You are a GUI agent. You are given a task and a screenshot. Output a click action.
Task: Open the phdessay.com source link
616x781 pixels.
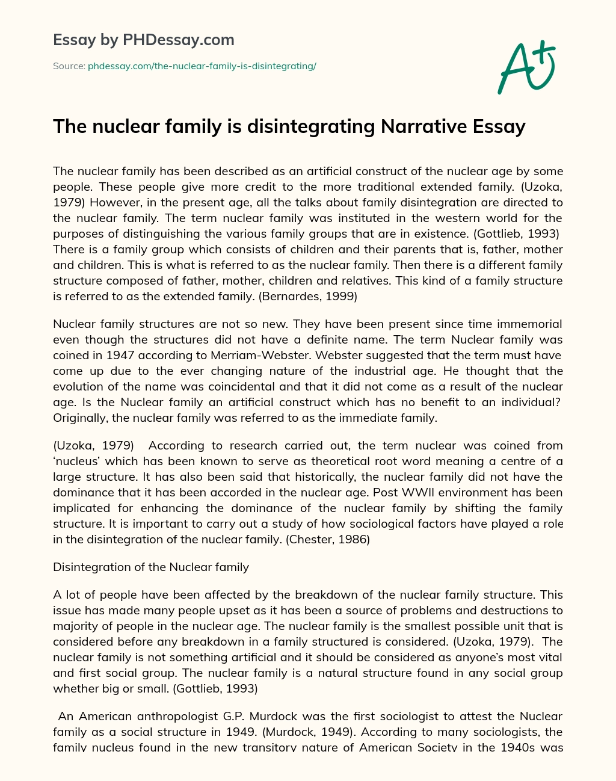tap(202, 66)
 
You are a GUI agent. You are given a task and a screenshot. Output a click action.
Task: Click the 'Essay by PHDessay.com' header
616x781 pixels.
tap(143, 40)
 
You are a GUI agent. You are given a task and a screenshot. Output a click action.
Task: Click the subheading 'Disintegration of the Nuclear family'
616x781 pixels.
tap(151, 567)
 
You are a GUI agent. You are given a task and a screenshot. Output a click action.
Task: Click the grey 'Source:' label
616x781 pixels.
tap(69, 66)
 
